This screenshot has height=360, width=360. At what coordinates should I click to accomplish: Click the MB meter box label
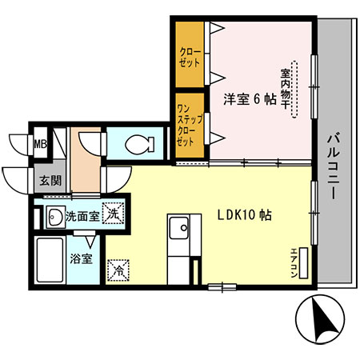coord(38,145)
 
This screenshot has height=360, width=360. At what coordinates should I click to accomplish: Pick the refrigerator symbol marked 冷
coord(117,270)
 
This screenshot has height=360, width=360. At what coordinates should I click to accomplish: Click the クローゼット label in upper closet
coord(190,57)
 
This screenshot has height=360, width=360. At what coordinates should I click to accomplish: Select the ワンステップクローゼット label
coord(184,125)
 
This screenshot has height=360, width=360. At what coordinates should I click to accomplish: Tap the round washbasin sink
coord(55,216)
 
